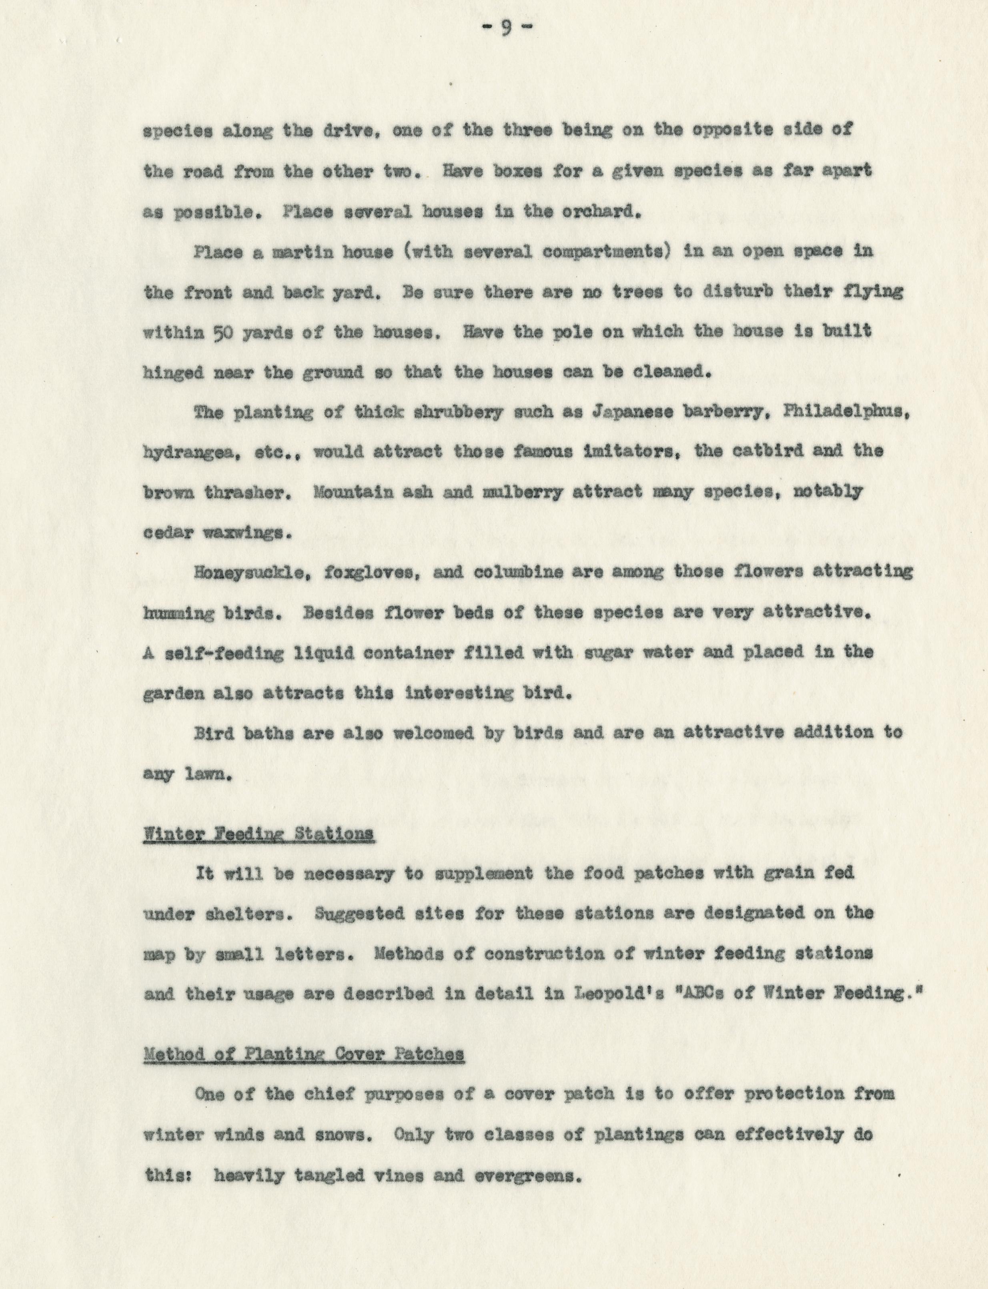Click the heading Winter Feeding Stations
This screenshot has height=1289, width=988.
click(258, 834)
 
